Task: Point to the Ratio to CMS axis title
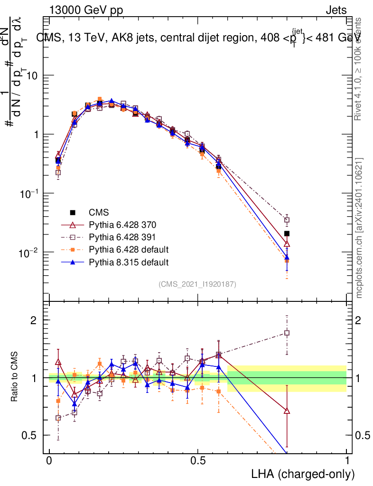(15, 378)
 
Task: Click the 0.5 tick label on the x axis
(198, 461)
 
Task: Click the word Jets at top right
(336, 10)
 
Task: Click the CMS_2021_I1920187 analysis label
(197, 284)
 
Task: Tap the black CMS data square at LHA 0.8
(287, 234)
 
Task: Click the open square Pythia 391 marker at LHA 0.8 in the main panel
(287, 220)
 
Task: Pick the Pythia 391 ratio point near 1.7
(287, 333)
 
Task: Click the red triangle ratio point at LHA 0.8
(287, 411)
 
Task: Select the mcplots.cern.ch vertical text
(359, 228)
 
